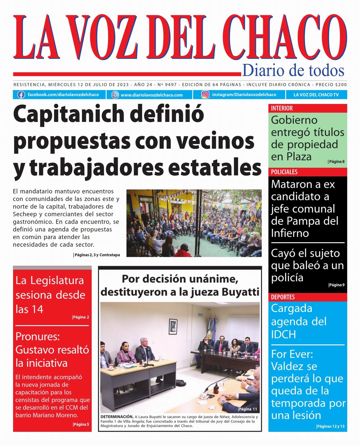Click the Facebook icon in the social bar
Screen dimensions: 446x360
21,95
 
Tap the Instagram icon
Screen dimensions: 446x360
205,95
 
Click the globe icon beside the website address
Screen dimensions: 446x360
115,95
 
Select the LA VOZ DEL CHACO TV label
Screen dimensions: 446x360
316,95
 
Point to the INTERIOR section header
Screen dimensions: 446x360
282,108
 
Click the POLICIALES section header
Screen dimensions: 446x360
284,172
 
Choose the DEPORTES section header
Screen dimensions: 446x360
283,297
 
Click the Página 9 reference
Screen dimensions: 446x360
336,285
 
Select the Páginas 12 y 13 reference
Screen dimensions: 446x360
330,426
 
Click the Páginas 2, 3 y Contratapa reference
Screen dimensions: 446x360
97,255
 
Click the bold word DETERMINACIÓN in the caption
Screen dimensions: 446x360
117,417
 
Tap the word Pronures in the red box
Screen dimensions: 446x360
37,336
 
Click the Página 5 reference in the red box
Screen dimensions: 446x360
81,424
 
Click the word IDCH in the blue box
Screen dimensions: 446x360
283,334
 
